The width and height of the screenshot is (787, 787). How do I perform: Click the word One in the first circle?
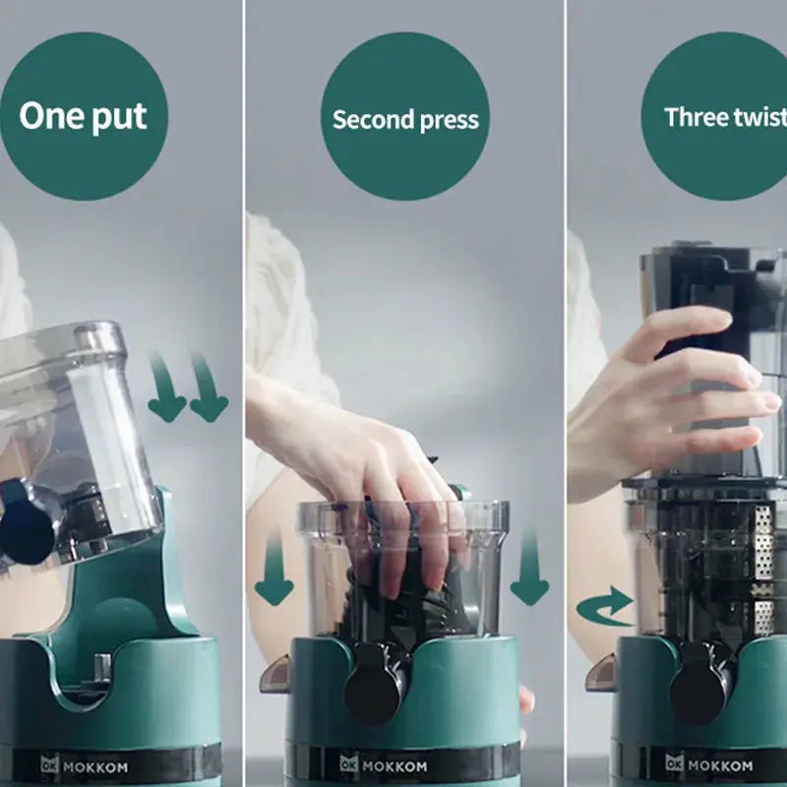pos(50,116)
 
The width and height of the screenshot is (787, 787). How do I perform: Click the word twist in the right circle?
pos(758,117)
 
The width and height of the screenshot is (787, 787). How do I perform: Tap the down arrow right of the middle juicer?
pos(529,571)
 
